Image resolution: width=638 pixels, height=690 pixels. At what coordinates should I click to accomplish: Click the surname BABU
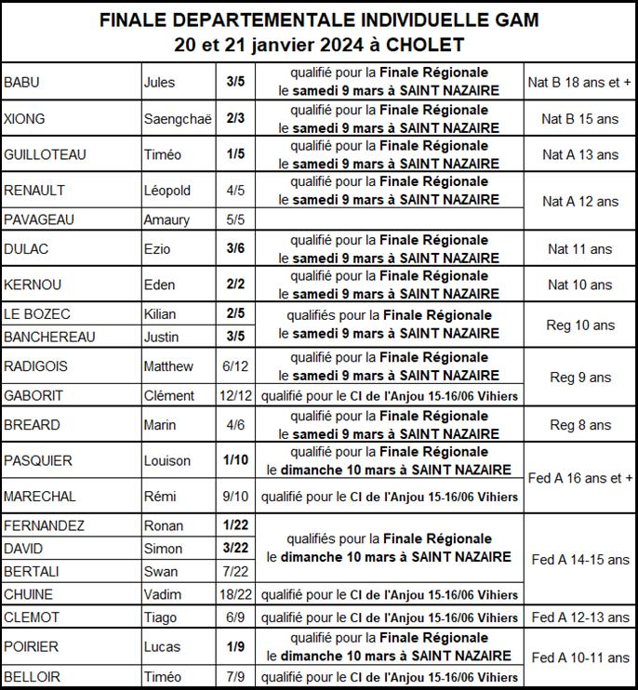tap(22, 83)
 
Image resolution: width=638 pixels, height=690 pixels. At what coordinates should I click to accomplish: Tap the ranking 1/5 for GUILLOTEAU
tap(235, 154)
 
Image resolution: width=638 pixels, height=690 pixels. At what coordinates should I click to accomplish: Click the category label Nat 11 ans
tap(579, 249)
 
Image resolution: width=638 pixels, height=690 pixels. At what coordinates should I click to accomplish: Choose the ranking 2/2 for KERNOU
tap(235, 285)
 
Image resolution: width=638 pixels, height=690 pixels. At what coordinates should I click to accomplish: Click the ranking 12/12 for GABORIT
tap(235, 395)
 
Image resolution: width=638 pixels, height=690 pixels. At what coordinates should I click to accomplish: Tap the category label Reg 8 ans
tap(580, 425)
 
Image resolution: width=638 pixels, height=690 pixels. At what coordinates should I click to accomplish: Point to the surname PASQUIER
tap(38, 460)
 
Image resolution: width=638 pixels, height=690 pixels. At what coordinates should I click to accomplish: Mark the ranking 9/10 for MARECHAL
tap(235, 497)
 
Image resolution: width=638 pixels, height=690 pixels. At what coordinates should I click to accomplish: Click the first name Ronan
tap(164, 525)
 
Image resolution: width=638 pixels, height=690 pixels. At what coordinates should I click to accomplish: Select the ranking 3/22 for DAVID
tap(235, 549)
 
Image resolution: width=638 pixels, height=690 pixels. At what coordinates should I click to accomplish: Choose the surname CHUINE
tap(29, 594)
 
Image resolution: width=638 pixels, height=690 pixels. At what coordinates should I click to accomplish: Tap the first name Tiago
tap(161, 617)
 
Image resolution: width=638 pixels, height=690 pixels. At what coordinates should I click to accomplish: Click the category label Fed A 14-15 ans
tap(579, 560)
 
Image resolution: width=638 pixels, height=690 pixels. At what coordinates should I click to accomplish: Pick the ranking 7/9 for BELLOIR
tap(235, 676)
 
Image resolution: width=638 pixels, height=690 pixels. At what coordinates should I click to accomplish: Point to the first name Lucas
tap(162, 647)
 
